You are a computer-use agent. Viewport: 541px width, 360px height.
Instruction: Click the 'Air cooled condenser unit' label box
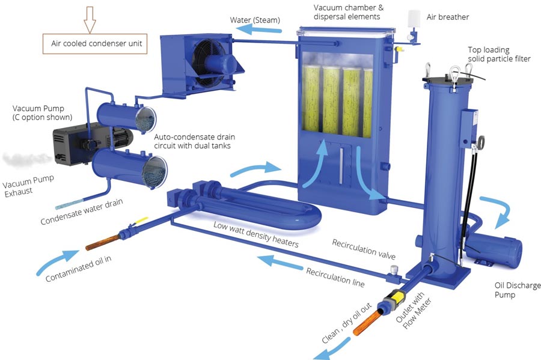95,44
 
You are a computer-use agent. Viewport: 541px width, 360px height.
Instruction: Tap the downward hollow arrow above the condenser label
90,19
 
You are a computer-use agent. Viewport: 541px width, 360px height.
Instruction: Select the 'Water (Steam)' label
255,20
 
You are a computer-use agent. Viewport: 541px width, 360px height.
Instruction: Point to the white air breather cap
414,19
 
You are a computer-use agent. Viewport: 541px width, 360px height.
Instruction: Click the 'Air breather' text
447,17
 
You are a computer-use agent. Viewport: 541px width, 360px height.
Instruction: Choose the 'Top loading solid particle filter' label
499,54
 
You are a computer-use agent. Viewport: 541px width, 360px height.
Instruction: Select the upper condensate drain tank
126,117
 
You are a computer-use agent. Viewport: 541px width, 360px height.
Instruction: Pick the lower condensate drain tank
129,169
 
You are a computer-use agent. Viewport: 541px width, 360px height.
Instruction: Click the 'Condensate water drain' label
81,212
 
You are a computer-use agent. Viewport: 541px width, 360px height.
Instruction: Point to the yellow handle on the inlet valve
141,221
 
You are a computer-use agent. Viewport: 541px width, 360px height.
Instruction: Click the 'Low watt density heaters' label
255,234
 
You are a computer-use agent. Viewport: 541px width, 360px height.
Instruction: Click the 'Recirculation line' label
335,277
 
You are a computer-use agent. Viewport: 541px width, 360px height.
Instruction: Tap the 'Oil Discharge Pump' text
517,290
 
